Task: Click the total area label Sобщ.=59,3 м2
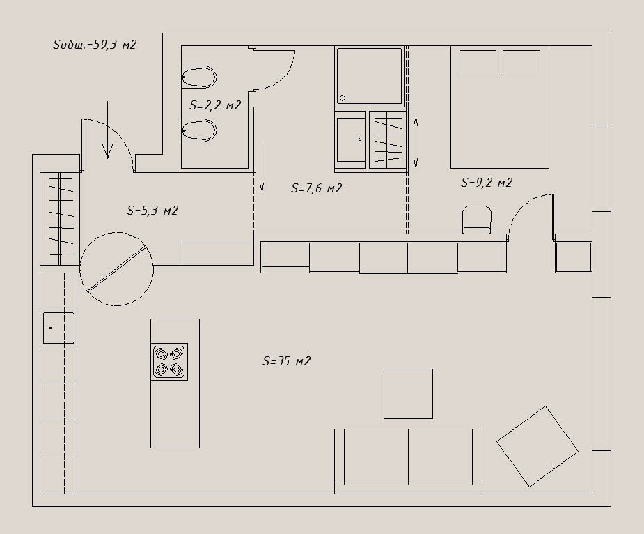click(x=95, y=45)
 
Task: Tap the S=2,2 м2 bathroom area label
click(x=215, y=105)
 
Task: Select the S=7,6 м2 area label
click(x=316, y=188)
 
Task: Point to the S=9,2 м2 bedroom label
click(x=487, y=182)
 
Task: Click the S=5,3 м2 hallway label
click(x=152, y=211)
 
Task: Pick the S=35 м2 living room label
click(x=287, y=361)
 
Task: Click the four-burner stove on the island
click(x=169, y=362)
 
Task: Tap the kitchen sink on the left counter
click(x=58, y=328)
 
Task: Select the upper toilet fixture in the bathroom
click(x=199, y=77)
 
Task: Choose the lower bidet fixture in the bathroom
click(x=199, y=130)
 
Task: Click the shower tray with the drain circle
click(x=369, y=76)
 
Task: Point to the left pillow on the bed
click(x=478, y=62)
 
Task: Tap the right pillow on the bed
click(x=521, y=62)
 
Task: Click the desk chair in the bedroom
click(x=477, y=220)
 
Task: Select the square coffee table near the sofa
click(x=408, y=394)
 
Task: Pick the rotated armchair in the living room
click(x=537, y=446)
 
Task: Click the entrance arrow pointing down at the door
click(x=108, y=130)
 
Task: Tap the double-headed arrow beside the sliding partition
click(x=416, y=143)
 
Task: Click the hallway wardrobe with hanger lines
click(x=60, y=219)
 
